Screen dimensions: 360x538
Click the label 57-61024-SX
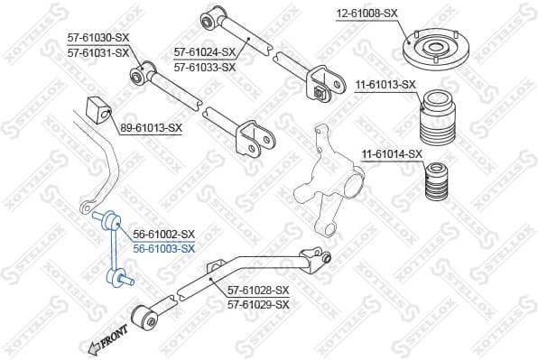click(x=205, y=52)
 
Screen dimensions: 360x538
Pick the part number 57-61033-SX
click(x=205, y=67)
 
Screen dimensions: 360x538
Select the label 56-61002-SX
click(x=164, y=234)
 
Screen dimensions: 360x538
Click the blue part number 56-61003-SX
click(x=164, y=247)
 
